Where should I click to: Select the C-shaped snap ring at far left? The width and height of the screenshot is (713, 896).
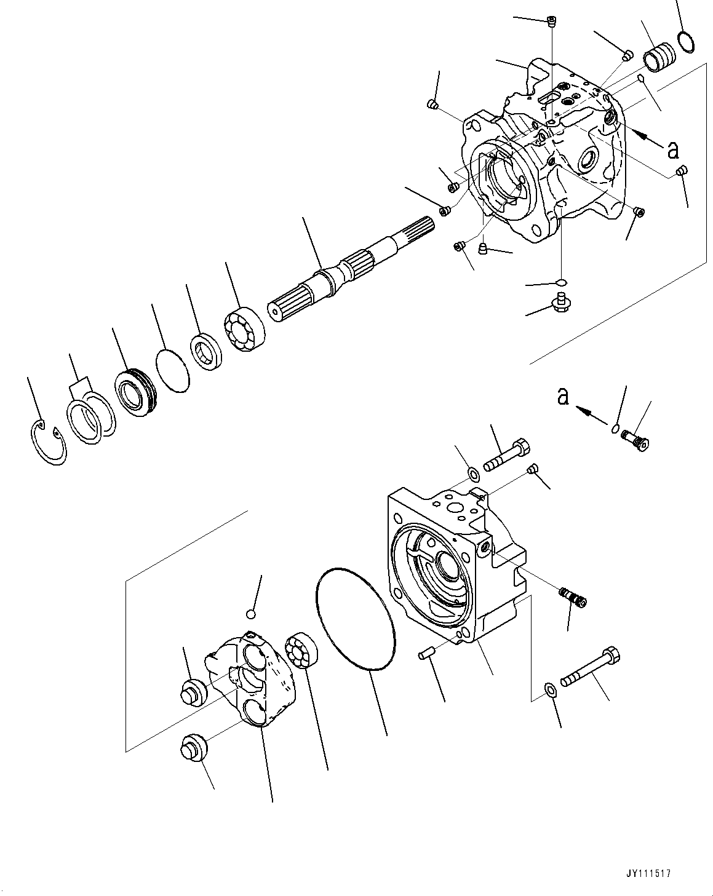pyautogui.click(x=48, y=443)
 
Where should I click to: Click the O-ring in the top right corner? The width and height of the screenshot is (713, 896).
pyautogui.click(x=687, y=41)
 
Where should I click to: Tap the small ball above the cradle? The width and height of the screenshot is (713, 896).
pyautogui.click(x=250, y=614)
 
